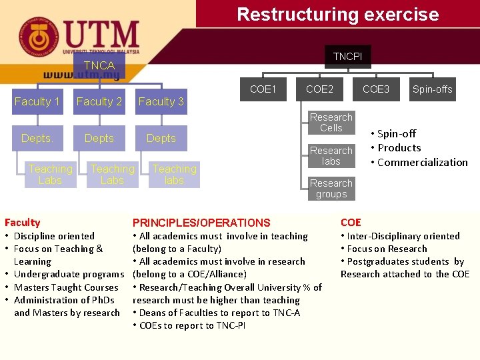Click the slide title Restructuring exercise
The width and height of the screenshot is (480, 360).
pyautogui.click(x=338, y=14)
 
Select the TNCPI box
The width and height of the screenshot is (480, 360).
pyautogui.click(x=347, y=57)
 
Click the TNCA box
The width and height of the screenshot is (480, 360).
pyautogui.click(x=99, y=65)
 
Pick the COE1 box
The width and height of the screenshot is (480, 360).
pyautogui.click(x=263, y=89)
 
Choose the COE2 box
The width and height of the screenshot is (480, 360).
pyautogui.click(x=319, y=89)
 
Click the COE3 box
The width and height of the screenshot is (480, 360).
pyautogui.click(x=376, y=89)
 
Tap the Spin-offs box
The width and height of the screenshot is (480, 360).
pyautogui.click(x=432, y=89)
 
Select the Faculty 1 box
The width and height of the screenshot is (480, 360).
pyautogui.click(x=37, y=101)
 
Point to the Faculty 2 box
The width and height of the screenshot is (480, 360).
pyautogui.click(x=99, y=101)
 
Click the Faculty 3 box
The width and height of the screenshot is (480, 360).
pyautogui.click(x=161, y=101)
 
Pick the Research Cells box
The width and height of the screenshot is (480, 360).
pyautogui.click(x=331, y=122)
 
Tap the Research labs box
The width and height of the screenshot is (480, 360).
pyautogui.click(x=331, y=155)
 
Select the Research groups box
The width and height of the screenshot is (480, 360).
pyautogui.click(x=331, y=189)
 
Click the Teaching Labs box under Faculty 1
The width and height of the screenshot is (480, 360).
pyautogui.click(x=50, y=175)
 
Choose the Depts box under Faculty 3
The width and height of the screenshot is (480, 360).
pyautogui.click(x=161, y=138)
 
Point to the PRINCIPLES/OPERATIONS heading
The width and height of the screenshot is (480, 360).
pyautogui.click(x=201, y=223)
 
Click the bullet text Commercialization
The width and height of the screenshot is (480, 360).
pyautogui.click(x=423, y=162)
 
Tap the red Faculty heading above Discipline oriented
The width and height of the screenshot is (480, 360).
pyautogui.click(x=22, y=223)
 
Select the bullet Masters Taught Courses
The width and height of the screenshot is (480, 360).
pyautogui.click(x=66, y=287)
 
